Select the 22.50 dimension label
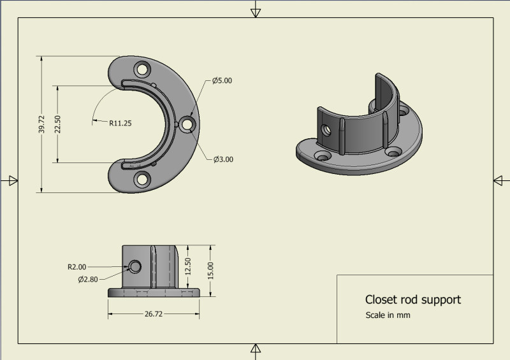pyautogui.click(x=57, y=124)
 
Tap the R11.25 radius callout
pyautogui.click(x=120, y=124)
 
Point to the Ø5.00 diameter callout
pyautogui.click(x=222, y=81)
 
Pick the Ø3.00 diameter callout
pyautogui.click(x=223, y=159)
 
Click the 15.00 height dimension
pyautogui.click(x=211, y=270)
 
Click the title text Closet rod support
pyautogui.click(x=412, y=299)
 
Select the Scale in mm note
pyautogui.click(x=387, y=315)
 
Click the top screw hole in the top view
pyautogui.click(x=142, y=68)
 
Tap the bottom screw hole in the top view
pyautogui.click(x=142, y=180)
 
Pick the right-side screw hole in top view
pyautogui.click(x=187, y=125)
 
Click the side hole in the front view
pyautogui.click(x=135, y=266)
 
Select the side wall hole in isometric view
pyautogui.click(x=326, y=130)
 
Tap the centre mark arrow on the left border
pyautogui.click(x=10, y=181)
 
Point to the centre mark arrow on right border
pyautogui.click(x=500, y=181)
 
